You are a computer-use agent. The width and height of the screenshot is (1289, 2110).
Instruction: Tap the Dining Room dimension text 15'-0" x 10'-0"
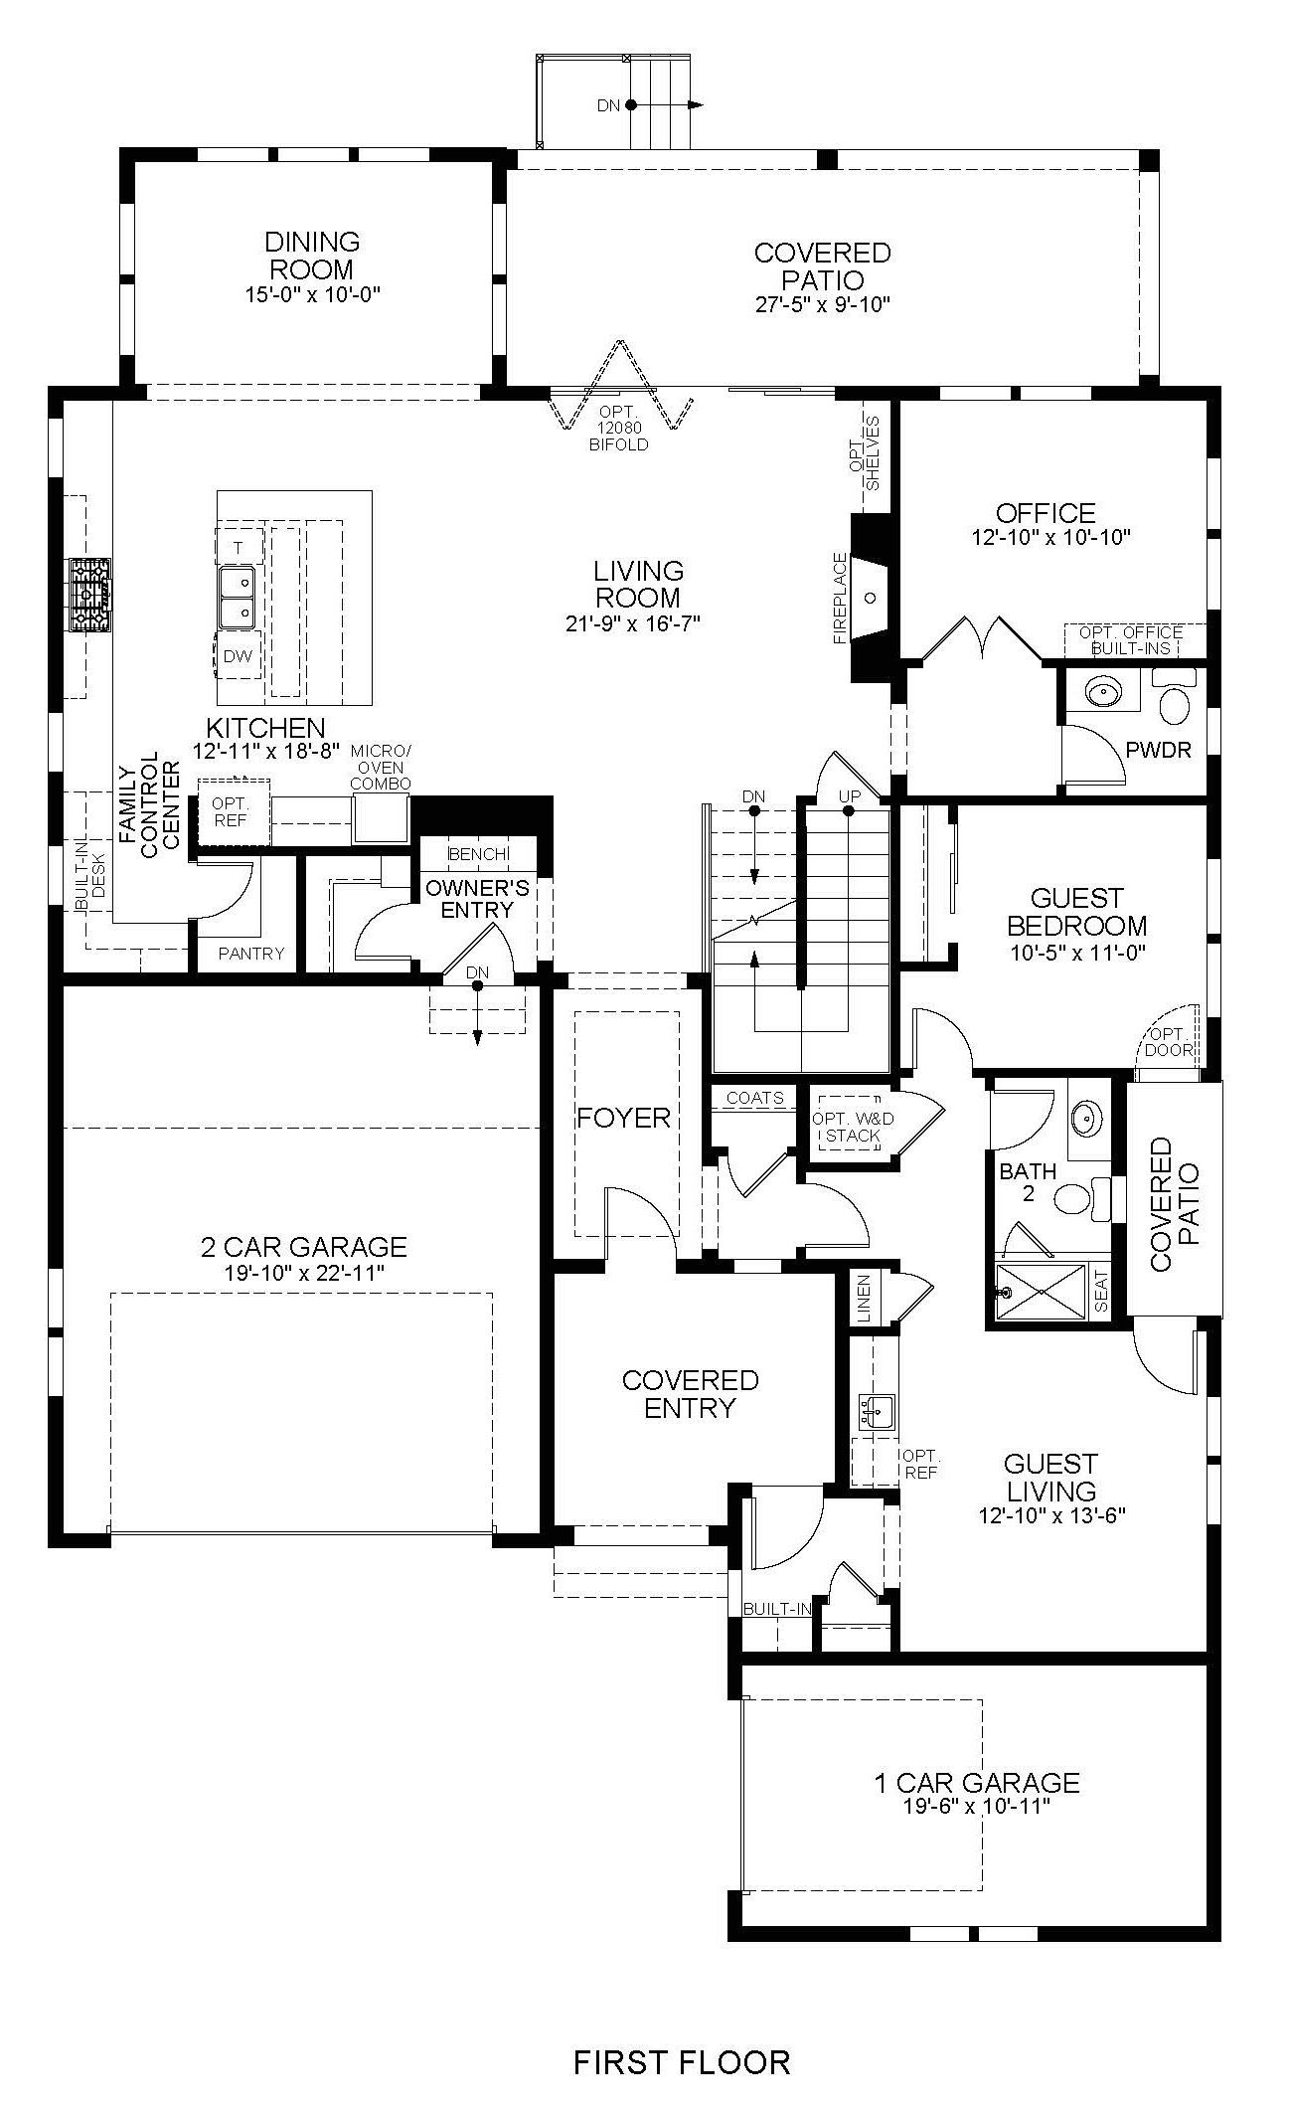(312, 294)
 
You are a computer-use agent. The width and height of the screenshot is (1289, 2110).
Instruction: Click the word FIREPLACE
(840, 599)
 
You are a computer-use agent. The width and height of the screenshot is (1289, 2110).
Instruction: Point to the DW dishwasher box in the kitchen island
(239, 656)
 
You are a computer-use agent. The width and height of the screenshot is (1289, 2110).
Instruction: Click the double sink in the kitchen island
(237, 597)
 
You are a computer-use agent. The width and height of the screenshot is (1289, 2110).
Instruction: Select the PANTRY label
(251, 953)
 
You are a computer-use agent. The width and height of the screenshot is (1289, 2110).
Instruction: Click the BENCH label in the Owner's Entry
(479, 854)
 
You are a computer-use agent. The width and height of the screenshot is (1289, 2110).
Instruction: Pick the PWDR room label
(1158, 750)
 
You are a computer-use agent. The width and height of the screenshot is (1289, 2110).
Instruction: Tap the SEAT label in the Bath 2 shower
(1100, 1292)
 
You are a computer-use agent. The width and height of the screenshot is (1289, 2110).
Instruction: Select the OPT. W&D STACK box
(849, 1119)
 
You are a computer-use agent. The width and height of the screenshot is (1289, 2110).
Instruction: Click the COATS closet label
(754, 1099)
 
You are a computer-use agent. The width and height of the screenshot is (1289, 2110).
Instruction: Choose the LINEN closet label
(863, 1299)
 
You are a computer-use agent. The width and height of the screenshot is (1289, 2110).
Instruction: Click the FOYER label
(624, 1118)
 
